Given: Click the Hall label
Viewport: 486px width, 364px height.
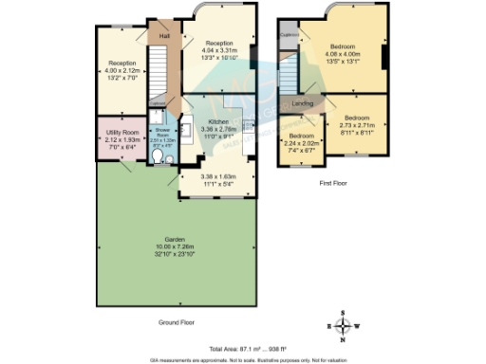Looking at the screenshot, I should (x=164, y=36).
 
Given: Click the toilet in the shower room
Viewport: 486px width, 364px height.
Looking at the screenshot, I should (x=168, y=160).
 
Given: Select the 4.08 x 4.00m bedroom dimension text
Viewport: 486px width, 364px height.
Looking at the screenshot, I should (x=344, y=53).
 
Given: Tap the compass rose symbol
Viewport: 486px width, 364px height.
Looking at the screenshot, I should (x=344, y=326).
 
